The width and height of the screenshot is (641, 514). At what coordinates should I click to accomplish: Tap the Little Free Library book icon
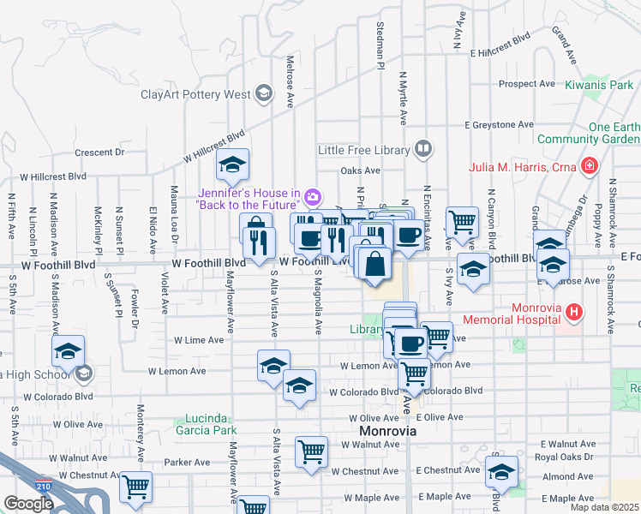pyautogui.click(x=422, y=150)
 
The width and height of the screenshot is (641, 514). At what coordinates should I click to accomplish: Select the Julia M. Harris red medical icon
pyautogui.click(x=589, y=165)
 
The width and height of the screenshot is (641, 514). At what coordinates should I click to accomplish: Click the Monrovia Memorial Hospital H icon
pyautogui.click(x=575, y=314)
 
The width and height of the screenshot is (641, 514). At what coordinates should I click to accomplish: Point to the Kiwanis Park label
pyautogui.click(x=599, y=86)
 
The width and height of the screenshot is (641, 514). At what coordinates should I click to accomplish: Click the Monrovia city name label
pyautogui.click(x=388, y=431)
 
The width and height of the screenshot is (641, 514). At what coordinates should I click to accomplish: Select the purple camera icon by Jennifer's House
pyautogui.click(x=313, y=198)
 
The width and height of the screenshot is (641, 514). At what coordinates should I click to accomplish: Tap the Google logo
pyautogui.click(x=27, y=504)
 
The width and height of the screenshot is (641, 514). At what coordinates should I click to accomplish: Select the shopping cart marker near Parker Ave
pyautogui.click(x=135, y=487)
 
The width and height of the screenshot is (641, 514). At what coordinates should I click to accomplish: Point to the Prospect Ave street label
pyautogui.click(x=527, y=84)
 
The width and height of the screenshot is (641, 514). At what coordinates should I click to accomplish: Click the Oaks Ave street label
pyautogui.click(x=360, y=170)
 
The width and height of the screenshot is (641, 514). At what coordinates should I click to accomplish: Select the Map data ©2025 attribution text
pyautogui.click(x=604, y=507)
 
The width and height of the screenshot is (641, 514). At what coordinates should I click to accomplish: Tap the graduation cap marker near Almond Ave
pyautogui.click(x=501, y=472)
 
